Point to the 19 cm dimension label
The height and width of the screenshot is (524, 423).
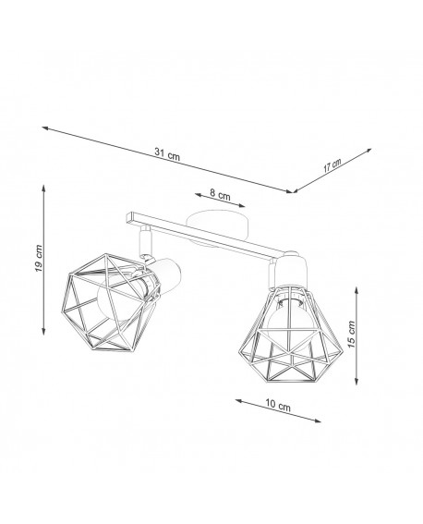point(36,260)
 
